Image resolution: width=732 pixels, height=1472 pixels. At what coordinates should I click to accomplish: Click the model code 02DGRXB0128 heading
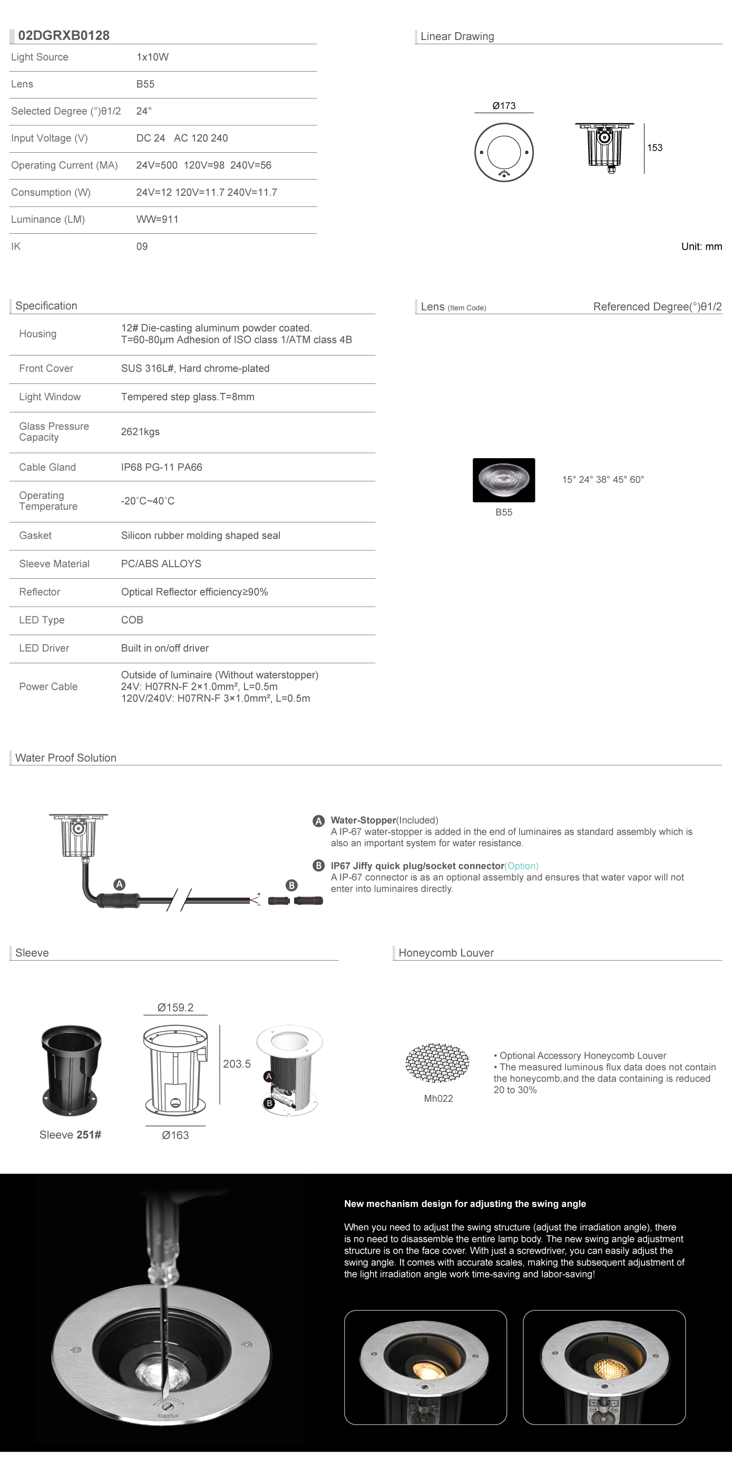[x=63, y=35]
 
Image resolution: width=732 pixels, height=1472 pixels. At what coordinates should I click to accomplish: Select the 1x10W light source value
[x=152, y=57]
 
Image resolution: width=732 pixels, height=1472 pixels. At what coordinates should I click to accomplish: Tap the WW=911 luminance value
[x=157, y=220]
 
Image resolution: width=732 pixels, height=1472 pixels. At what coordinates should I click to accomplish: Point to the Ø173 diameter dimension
[x=504, y=106]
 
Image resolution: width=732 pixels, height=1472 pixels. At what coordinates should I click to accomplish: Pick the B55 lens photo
[x=503, y=480]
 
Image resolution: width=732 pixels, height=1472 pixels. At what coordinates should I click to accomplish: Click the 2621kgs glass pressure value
[x=140, y=432]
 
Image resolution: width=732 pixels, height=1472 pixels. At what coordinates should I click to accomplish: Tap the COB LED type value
[x=132, y=620]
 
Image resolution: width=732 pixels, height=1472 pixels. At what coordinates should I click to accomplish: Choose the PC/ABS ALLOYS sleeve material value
[x=161, y=564]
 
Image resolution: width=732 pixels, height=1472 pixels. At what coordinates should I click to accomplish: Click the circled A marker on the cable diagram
[x=119, y=884]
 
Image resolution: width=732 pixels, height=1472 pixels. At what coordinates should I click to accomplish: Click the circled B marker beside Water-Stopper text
[x=318, y=866]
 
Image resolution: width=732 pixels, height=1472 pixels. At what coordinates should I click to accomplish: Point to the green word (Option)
[x=521, y=866]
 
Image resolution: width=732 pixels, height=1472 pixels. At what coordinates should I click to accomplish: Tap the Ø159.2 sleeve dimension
[x=175, y=1008]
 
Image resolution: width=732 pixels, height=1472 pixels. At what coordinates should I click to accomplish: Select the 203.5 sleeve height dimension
[x=237, y=1064]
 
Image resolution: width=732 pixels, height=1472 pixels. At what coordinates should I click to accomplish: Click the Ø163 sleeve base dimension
[x=175, y=1135]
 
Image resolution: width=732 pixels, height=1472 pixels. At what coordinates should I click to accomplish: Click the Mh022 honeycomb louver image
[x=437, y=1063]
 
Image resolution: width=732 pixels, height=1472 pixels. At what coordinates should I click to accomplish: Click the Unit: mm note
[x=701, y=247]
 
